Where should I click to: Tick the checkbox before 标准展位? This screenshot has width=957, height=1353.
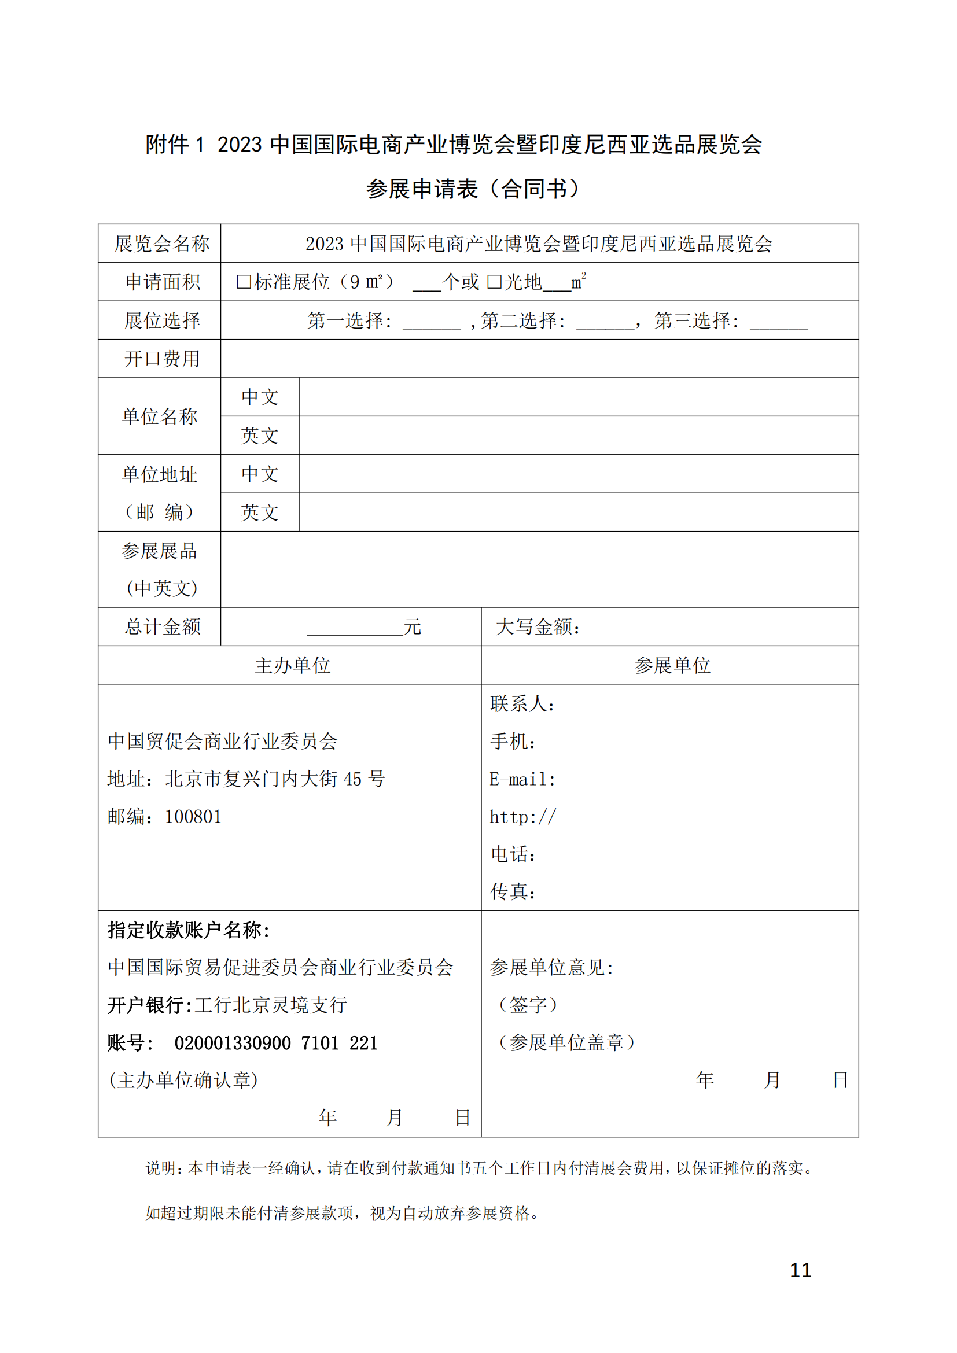point(244,282)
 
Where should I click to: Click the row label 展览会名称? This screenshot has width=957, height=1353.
point(161,244)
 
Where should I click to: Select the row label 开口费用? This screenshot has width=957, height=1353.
point(161,358)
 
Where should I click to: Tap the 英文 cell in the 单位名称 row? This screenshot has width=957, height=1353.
point(259,436)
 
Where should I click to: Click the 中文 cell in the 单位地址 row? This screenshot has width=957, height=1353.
point(259,474)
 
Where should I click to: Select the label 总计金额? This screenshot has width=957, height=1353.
point(162,626)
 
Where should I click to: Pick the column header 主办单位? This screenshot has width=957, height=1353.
point(292,665)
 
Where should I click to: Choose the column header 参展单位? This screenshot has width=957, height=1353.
point(672,665)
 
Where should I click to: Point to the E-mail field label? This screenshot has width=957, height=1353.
point(522,779)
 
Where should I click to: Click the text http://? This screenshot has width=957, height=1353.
point(522,817)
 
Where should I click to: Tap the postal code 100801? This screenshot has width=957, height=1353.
point(193,817)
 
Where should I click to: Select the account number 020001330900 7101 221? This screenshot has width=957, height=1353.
point(276,1042)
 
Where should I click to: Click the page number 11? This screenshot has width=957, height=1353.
point(800,1270)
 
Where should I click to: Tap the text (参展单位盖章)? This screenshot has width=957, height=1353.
point(566,1042)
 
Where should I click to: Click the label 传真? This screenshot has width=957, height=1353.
point(513,891)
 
